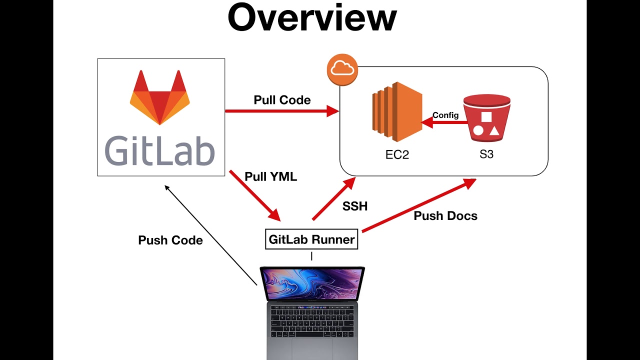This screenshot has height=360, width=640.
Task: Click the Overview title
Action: [312, 18]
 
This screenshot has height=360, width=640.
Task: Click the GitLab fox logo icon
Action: [160, 97]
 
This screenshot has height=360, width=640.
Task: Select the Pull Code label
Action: [282, 100]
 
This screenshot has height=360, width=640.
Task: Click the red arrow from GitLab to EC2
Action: [280, 111]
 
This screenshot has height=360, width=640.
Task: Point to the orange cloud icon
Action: [342, 70]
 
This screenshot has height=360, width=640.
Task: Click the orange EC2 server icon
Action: [396, 113]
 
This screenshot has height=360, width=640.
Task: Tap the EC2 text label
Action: [397, 154]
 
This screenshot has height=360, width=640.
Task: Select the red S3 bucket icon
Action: [486, 119]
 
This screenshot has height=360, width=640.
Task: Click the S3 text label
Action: [486, 154]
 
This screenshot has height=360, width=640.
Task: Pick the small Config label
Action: [445, 115]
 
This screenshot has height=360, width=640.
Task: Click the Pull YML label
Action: [270, 176]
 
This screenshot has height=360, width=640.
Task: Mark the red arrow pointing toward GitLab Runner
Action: [255, 195]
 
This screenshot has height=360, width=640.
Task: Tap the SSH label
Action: [355, 206]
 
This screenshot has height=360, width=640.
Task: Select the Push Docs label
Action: [445, 216]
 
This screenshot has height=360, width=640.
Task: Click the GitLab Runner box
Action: [311, 239]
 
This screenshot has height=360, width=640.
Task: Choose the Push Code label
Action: [170, 240]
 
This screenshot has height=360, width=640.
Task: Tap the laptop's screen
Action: [312, 283]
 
